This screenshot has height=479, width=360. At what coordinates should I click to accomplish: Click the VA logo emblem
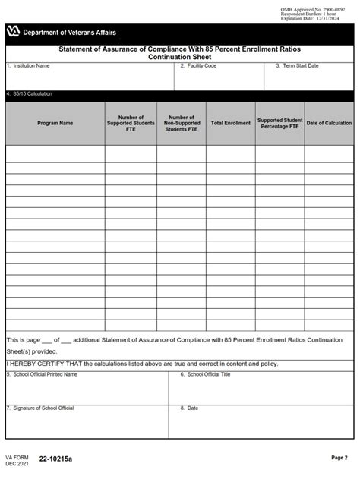(13, 32)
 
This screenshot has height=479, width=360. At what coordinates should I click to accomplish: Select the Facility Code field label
(200, 66)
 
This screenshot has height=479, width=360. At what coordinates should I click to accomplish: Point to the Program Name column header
(55, 123)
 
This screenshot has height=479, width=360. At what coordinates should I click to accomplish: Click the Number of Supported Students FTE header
(131, 123)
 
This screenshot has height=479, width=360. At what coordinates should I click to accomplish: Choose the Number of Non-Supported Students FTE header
(182, 123)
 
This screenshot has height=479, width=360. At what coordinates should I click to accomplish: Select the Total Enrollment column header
(230, 123)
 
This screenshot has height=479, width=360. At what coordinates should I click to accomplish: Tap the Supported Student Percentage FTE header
(279, 123)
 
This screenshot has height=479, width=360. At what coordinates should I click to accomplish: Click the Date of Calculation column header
(329, 123)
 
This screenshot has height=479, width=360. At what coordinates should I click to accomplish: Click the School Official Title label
(207, 374)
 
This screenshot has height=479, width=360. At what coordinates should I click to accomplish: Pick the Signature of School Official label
(42, 408)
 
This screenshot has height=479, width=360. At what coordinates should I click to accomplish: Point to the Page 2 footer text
(339, 458)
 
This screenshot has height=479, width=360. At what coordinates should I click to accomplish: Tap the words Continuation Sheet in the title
(179, 57)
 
